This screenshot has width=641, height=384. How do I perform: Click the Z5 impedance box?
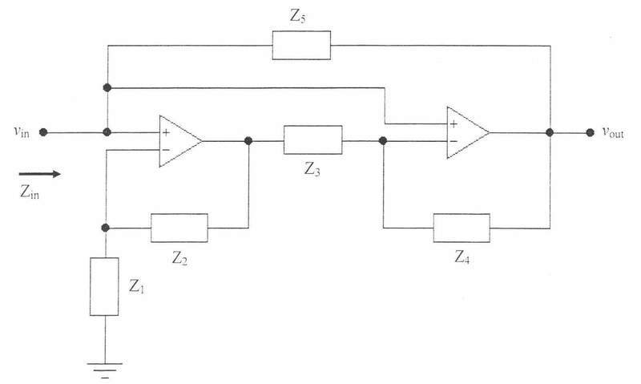coord(301,46)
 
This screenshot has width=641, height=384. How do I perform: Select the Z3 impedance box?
coord(312,139)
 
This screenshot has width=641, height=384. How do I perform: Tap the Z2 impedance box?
coord(179,228)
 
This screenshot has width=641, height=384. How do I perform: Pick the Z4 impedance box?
coord(462,228)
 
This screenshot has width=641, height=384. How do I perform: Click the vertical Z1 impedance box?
coord(104,286)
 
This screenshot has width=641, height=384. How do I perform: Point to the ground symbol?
coord(105,370)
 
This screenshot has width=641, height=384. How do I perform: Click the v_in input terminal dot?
coord(43,132)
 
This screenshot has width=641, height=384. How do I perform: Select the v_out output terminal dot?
coord(590,132)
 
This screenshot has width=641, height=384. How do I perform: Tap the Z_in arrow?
coord(39,174)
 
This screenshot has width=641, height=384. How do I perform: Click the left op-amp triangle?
coord(179,141)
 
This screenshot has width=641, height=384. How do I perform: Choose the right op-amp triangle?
coord(468,132)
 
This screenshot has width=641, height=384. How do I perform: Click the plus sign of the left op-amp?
coord(166,132)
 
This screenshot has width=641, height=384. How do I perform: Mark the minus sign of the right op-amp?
coord(454,142)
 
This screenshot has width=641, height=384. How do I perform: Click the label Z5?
coord(297,16)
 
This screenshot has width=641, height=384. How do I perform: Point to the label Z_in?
coord(30,192)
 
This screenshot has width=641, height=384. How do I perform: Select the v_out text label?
coord(613,132)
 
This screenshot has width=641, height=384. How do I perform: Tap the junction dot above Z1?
coord(105,228)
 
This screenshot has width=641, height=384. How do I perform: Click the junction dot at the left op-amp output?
coord(248,140)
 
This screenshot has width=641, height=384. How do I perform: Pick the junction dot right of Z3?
coord(383,140)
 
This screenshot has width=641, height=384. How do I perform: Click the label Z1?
coord(136,286)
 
